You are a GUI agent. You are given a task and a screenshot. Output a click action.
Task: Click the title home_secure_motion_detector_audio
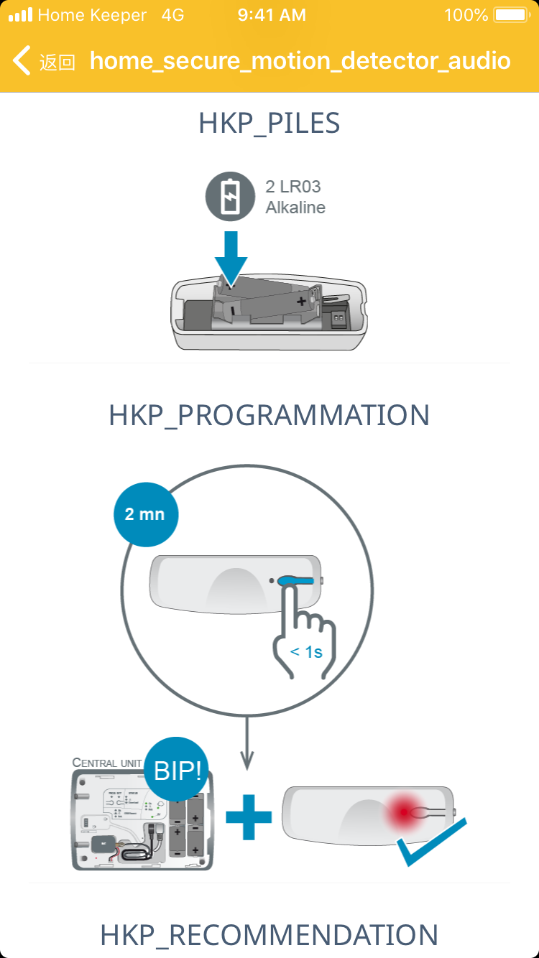(300, 60)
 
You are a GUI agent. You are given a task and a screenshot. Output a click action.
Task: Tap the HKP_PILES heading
(269, 124)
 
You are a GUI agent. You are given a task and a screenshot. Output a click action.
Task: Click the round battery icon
(230, 197)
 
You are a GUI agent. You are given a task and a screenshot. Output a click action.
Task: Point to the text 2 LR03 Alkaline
(295, 197)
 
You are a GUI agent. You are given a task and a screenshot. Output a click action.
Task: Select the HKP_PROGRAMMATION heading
(269, 415)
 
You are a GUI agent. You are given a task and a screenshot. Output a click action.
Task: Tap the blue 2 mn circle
(145, 514)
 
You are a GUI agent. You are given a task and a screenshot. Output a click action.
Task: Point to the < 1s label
(306, 653)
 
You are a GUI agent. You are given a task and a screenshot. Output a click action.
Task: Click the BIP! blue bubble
(177, 771)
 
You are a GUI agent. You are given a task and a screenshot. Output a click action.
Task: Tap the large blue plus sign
(249, 817)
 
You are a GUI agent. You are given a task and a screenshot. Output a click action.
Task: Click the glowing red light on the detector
(405, 812)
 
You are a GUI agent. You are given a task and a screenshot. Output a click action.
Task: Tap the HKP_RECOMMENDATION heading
(269, 935)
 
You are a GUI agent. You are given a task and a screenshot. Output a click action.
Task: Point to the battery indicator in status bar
(511, 15)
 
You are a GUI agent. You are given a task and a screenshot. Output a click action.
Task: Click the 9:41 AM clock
(272, 15)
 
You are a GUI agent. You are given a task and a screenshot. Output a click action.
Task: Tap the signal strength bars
(20, 15)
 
